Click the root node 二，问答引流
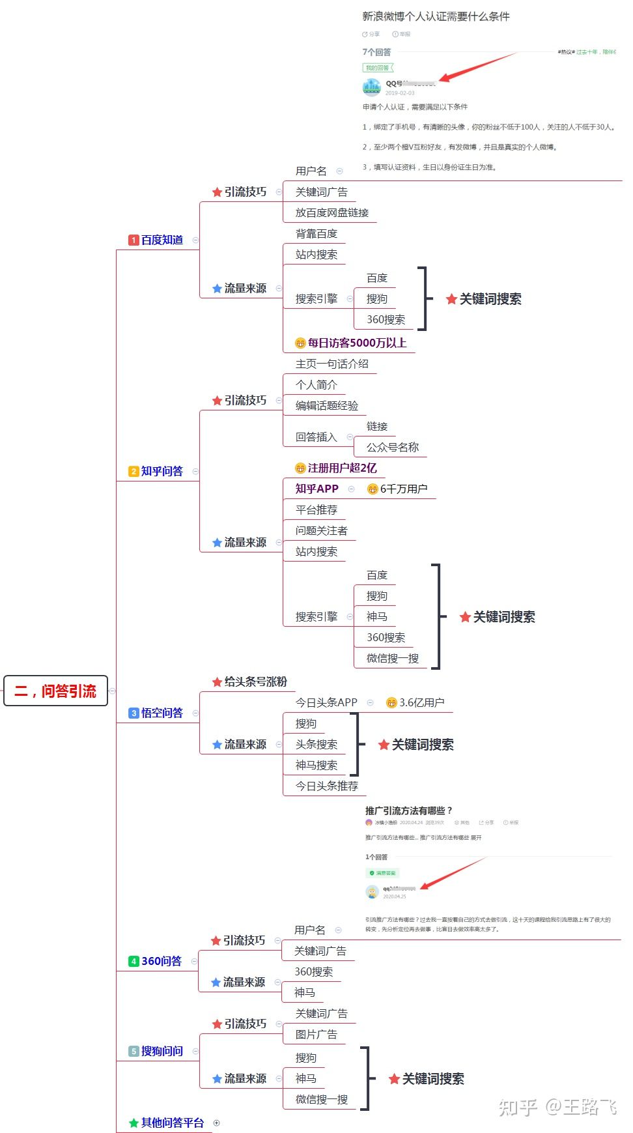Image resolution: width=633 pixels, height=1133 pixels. [55, 691]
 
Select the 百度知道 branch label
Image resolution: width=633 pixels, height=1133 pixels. [162, 240]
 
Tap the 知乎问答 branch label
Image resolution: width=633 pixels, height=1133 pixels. [162, 471]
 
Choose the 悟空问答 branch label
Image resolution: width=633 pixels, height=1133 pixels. [162, 713]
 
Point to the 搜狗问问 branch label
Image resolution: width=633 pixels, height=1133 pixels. [162, 1051]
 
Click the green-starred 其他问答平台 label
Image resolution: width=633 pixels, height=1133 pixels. [172, 1123]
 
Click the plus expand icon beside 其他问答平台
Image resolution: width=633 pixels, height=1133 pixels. [217, 1123]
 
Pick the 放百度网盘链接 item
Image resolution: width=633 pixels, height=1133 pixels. [331, 212]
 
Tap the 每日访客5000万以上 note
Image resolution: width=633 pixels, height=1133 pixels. [356, 343]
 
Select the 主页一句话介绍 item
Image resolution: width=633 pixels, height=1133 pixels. [331, 364]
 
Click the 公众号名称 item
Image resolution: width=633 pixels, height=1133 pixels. [392, 447]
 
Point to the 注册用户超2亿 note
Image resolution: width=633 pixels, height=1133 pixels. [341, 468]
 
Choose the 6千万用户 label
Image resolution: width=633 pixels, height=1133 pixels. [403, 489]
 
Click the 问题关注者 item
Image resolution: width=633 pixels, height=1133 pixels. [321, 530]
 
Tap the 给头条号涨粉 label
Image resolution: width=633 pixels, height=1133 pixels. [255, 681]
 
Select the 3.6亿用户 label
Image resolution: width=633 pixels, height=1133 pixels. [421, 702]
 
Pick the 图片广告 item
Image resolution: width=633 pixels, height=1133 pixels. [316, 1034]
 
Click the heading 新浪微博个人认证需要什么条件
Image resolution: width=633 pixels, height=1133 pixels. [436, 16]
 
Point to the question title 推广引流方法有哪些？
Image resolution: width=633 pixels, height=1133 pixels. [408, 810]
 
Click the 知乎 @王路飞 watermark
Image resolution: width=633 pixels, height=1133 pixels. [557, 1107]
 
